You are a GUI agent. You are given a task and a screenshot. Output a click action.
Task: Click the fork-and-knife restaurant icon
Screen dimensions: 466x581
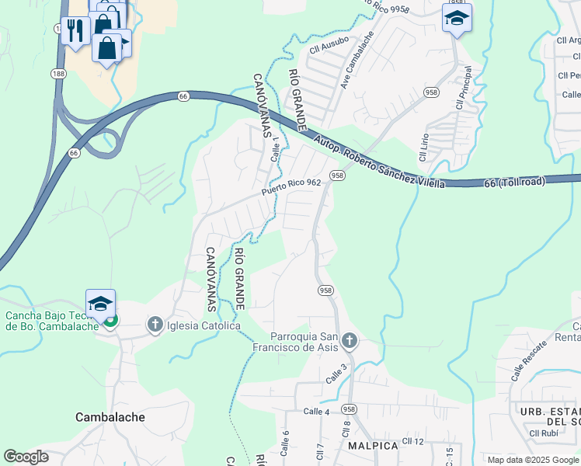click(75, 31)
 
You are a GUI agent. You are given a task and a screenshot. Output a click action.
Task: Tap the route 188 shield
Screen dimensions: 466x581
click(59, 73)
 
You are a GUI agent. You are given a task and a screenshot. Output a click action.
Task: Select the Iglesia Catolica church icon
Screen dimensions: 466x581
click(155, 325)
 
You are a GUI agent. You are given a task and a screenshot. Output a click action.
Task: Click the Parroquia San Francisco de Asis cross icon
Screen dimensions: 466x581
click(349, 340)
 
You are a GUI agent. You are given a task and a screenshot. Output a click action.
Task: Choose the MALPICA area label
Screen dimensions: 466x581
click(373, 446)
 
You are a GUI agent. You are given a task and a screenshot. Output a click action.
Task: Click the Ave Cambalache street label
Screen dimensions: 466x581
click(357, 60)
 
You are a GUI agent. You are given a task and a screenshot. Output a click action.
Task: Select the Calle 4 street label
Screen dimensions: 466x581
click(317, 411)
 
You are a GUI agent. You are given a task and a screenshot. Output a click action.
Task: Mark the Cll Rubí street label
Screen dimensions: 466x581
click(545, 433)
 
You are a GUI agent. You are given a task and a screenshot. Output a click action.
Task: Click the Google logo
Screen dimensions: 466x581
click(26, 457)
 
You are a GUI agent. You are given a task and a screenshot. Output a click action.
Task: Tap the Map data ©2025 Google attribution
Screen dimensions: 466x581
click(533, 460)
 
